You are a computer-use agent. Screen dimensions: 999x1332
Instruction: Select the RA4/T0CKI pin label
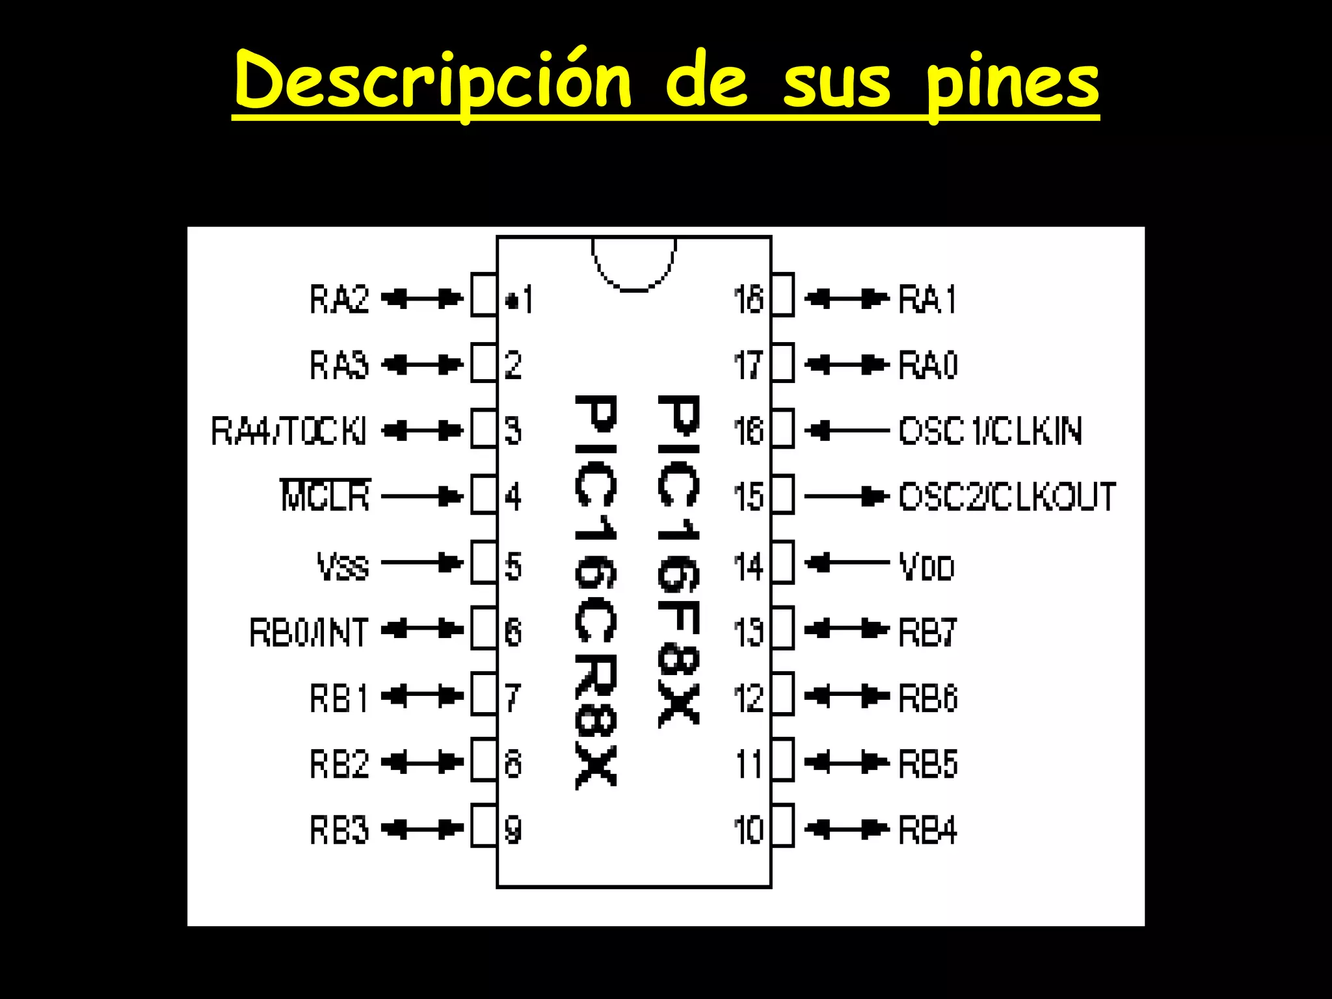(x=289, y=431)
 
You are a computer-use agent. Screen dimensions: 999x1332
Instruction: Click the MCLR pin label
(x=325, y=496)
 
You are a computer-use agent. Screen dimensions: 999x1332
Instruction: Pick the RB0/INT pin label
(x=309, y=632)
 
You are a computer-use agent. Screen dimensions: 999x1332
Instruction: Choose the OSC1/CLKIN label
(x=991, y=431)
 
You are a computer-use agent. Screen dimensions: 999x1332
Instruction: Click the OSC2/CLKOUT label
(x=1007, y=497)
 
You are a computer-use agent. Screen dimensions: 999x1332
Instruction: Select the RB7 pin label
(x=927, y=632)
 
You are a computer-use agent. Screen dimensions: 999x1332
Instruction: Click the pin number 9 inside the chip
(x=513, y=830)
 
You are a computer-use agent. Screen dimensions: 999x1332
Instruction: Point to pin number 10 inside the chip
(x=749, y=830)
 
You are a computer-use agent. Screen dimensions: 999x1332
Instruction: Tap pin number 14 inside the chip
(x=749, y=566)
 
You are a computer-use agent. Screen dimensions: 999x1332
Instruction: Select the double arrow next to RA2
(x=421, y=299)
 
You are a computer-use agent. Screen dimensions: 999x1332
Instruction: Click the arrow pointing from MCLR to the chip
(x=421, y=497)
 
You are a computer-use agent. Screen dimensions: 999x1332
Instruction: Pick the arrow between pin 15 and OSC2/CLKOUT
(x=847, y=497)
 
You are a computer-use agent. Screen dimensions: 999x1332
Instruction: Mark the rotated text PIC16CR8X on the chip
(x=595, y=592)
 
